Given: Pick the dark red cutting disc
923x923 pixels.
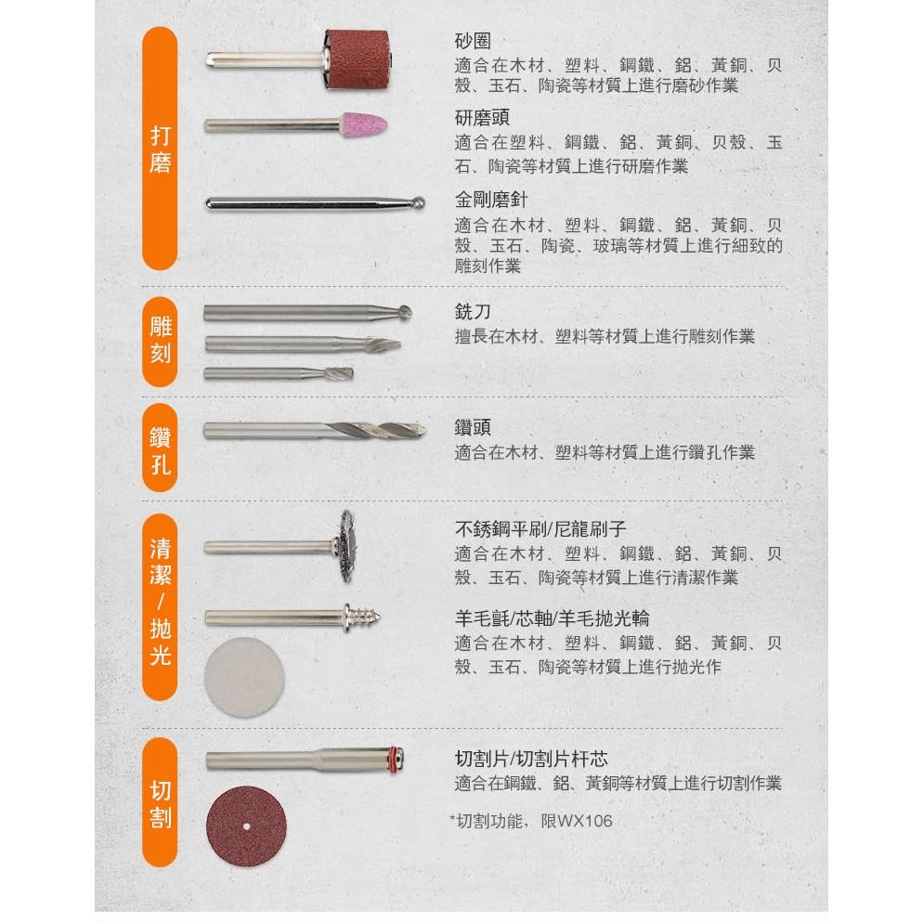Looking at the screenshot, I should click(245, 825).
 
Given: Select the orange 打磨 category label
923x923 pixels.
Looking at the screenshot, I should click(160, 149).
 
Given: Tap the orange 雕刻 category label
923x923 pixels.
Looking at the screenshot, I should click(160, 340).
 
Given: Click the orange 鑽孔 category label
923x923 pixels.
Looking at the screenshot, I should click(160, 450).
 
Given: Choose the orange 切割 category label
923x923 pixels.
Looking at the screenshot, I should click(160, 804).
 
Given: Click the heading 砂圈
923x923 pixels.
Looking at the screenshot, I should click(473, 42).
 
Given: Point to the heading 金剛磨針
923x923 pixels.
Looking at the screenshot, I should click(491, 200).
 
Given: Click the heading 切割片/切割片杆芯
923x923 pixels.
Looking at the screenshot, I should click(531, 759).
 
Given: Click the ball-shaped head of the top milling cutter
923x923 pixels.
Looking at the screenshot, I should click(406, 312).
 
